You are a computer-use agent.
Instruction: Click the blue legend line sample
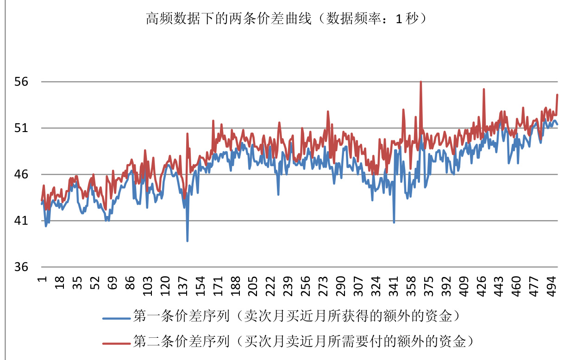[x=116, y=318]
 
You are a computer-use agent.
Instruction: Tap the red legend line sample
[x=116, y=343]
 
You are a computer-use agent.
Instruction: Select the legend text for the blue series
[x=296, y=316]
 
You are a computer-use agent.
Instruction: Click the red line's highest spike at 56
[x=420, y=82]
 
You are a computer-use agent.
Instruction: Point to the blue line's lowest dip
[x=188, y=240]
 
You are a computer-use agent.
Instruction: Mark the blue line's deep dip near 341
[x=394, y=222]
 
